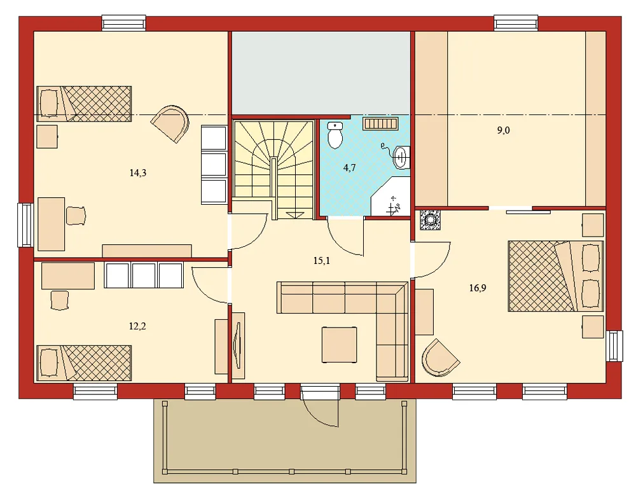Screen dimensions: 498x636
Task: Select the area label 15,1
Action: pos(322,261)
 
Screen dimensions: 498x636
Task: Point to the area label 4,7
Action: pos(350,169)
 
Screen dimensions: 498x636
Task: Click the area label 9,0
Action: pos(503,130)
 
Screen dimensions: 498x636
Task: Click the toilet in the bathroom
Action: pos(335,135)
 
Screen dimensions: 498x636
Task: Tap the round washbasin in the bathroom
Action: pos(401,157)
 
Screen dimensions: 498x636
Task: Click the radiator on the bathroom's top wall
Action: pos(381,123)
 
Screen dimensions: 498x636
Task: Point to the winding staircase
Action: pos(273,167)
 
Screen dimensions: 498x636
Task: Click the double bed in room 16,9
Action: pos(555,276)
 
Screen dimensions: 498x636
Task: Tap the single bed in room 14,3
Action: pos(84,103)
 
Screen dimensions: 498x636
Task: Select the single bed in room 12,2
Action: pos(84,363)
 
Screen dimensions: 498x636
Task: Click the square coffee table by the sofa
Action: pos(340,344)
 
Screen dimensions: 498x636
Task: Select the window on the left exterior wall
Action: pos(25,225)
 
